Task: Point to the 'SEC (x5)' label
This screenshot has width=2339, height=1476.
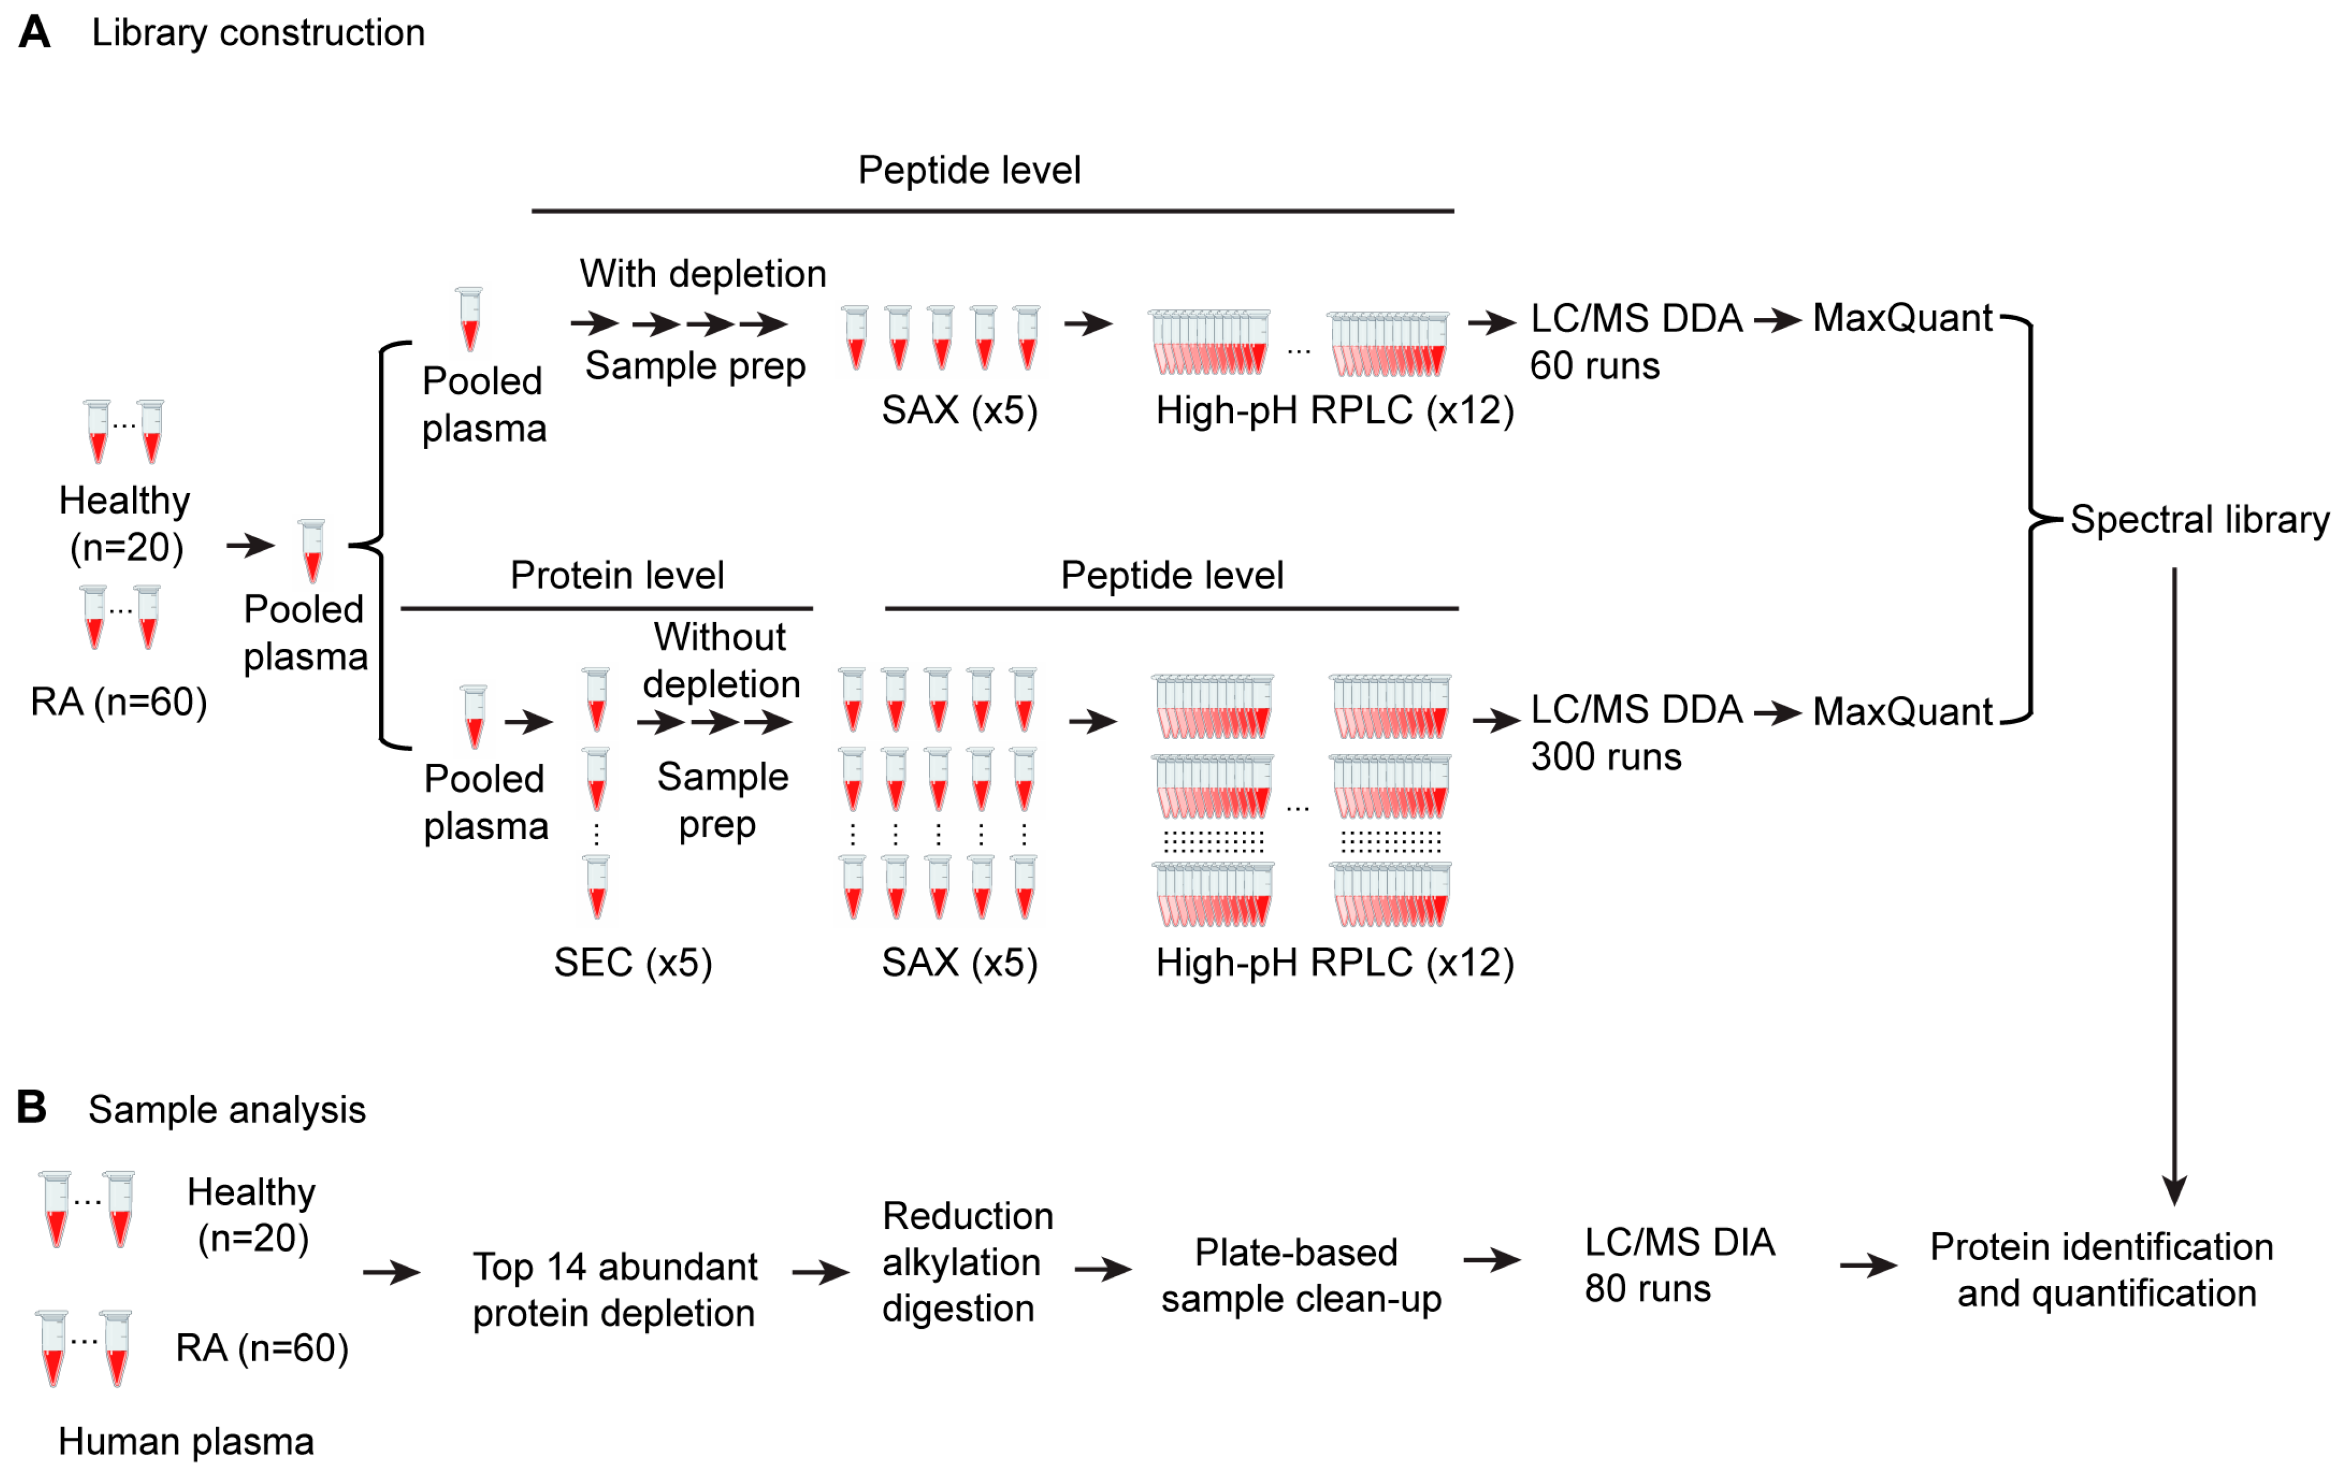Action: click(x=632, y=963)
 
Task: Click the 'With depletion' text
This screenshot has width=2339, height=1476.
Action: click(x=702, y=274)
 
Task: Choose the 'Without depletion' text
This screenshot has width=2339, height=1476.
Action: click(x=721, y=661)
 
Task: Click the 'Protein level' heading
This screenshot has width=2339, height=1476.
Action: click(x=617, y=575)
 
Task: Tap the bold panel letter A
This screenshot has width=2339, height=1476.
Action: click(x=35, y=32)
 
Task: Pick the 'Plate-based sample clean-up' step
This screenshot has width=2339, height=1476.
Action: click(x=1300, y=1276)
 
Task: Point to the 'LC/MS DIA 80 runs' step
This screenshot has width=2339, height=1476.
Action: click(x=1678, y=1265)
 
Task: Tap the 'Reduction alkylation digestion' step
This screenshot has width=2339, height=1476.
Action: click(x=967, y=1262)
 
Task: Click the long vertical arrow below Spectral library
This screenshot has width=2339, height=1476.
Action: click(x=2174, y=874)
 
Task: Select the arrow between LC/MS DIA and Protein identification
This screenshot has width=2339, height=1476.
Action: click(x=1868, y=1265)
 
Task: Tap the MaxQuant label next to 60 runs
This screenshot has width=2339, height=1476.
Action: click(x=1902, y=318)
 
